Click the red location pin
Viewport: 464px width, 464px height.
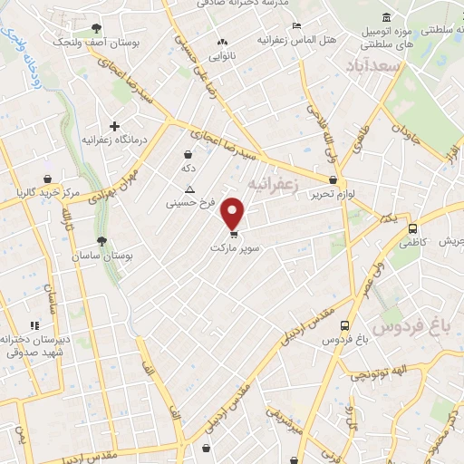point(234,212)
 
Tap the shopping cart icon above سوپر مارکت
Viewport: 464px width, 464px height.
point(235,232)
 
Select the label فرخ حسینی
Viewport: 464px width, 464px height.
point(189,204)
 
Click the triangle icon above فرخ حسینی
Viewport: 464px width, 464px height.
point(189,189)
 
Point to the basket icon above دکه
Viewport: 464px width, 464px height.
point(188,154)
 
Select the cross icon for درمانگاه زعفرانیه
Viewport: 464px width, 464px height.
point(114,126)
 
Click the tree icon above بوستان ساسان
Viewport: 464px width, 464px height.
point(101,241)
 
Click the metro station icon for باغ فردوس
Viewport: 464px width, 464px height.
point(344,325)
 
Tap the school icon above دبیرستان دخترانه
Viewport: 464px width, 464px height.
point(35,324)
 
